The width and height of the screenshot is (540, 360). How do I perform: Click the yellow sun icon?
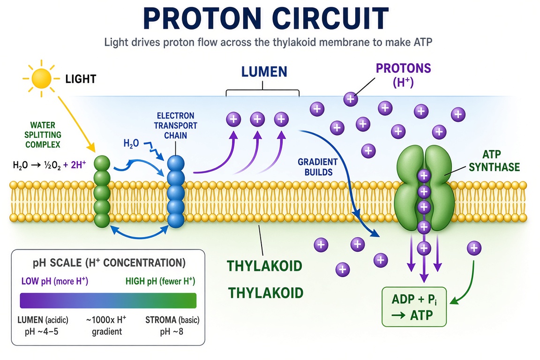tap(41, 79)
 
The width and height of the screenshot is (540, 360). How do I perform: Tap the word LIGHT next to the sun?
tap(81, 79)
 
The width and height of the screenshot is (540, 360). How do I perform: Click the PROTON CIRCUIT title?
tap(266, 18)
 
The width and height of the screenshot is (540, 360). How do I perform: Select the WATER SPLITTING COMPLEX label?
tap(43, 135)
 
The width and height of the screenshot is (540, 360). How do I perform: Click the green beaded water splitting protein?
tap(102, 191)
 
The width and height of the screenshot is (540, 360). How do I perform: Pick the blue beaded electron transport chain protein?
tap(176, 192)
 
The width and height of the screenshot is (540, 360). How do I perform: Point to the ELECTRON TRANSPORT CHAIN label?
tap(176, 126)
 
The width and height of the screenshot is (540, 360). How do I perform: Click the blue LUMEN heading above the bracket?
tap(264, 72)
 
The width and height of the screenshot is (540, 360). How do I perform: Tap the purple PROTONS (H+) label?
tap(403, 75)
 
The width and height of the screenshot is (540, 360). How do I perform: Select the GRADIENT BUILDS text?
tap(317, 167)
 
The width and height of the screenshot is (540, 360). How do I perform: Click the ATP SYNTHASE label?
tap(494, 160)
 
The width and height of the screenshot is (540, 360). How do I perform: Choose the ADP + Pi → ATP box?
tap(414, 307)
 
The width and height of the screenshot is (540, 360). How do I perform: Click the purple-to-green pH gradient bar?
tap(108, 300)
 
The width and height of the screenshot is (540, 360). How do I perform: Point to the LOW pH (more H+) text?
tap(55, 281)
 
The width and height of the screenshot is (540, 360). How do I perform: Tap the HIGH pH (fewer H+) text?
tap(160, 281)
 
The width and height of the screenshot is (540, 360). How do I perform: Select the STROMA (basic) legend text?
tap(172, 320)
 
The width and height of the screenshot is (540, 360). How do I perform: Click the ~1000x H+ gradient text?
tap(106, 326)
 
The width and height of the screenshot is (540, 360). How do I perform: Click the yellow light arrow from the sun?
tap(76, 124)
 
